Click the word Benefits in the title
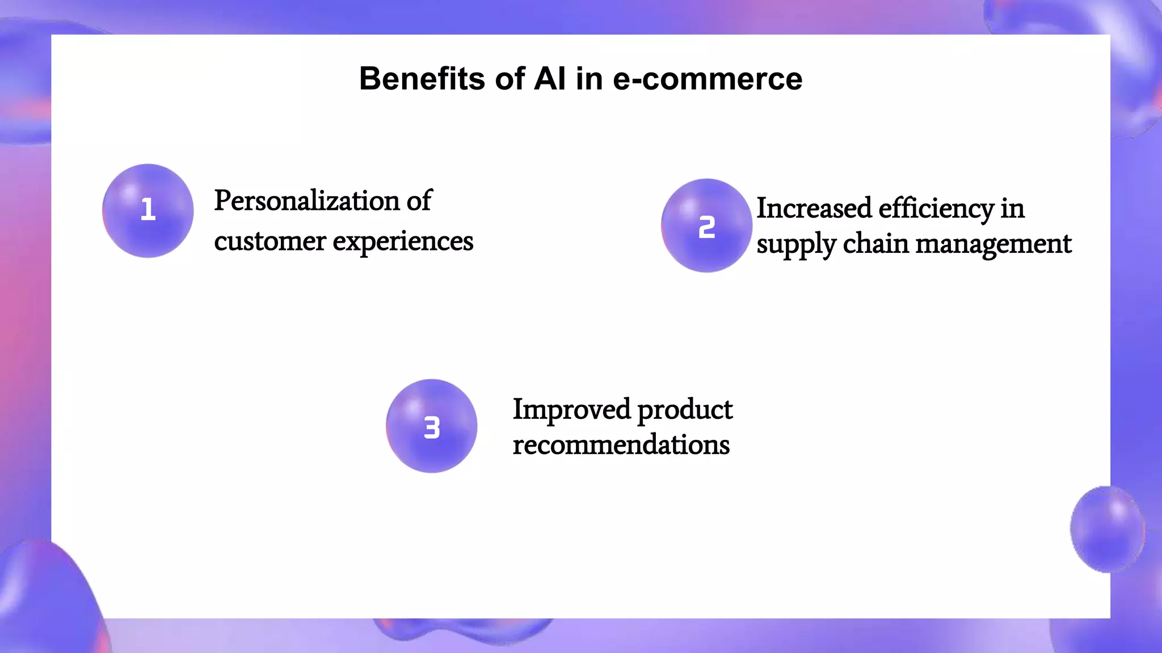(422, 78)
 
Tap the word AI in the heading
(549, 78)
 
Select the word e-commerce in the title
(708, 79)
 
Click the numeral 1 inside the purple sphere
(148, 210)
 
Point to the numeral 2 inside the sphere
(706, 227)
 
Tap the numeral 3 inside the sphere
(432, 427)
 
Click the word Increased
(814, 209)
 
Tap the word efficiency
(936, 209)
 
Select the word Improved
(571, 409)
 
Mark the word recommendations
(621, 445)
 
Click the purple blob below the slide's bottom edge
(462, 631)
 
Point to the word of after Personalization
(419, 201)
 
